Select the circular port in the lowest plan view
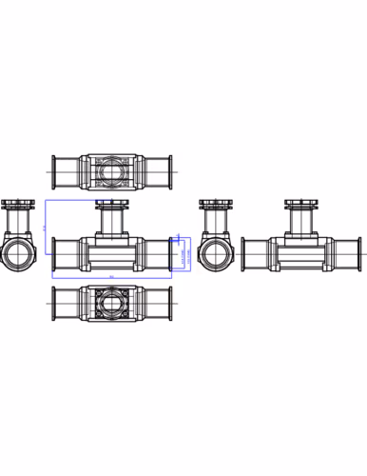tap(110, 307)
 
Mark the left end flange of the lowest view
tap(54, 307)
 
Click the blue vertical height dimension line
tap(46, 228)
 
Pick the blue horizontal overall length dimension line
tap(110, 278)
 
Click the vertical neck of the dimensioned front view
tap(110, 224)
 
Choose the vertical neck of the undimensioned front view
tap(303, 224)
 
